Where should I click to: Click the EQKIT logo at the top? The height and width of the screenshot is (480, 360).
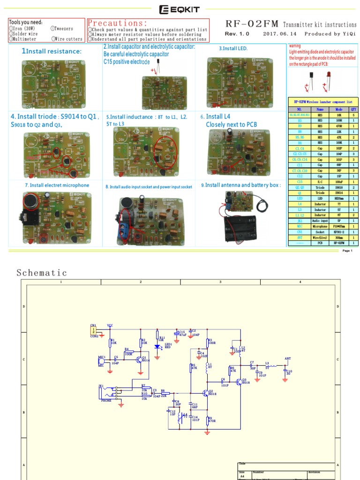click(180, 8)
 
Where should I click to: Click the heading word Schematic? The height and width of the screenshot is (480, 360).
click(42, 273)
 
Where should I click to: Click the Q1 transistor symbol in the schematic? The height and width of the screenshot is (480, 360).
click(139, 360)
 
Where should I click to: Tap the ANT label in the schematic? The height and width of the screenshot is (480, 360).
click(288, 358)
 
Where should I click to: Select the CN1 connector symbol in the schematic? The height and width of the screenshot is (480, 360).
click(94, 330)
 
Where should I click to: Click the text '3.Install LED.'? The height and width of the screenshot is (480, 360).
click(233, 48)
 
